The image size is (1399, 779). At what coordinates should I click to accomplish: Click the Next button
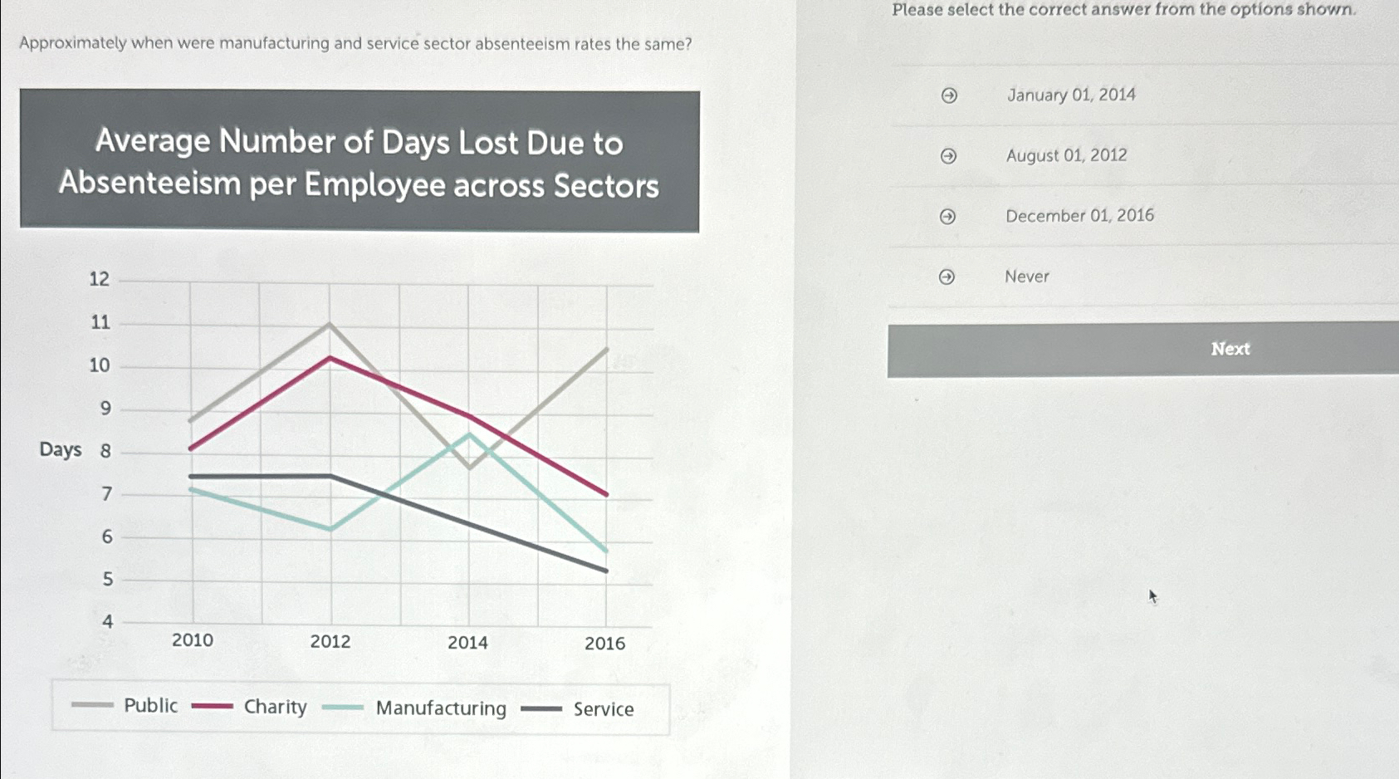(x=1229, y=350)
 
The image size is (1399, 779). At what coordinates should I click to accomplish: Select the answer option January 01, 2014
(x=1070, y=96)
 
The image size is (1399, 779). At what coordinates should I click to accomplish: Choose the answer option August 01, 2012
(x=1066, y=156)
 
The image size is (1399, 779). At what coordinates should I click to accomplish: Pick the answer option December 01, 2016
(x=1079, y=216)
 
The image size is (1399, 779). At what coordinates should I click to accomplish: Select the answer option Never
(x=1027, y=277)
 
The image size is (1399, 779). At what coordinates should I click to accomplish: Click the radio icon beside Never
(x=947, y=277)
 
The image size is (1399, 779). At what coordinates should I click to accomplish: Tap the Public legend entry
(x=150, y=706)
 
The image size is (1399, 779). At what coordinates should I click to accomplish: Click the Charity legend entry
(x=275, y=707)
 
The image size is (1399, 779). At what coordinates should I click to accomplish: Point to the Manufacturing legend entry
(x=440, y=708)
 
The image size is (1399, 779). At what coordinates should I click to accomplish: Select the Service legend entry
(x=603, y=709)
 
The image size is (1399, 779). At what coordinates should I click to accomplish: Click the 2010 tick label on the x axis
(x=193, y=640)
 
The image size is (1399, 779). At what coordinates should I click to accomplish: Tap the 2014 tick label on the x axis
(x=467, y=643)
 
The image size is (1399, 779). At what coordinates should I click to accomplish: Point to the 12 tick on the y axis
(x=100, y=279)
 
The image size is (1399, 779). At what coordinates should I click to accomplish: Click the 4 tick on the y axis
(x=107, y=621)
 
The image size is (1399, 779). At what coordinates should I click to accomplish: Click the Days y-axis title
(x=61, y=450)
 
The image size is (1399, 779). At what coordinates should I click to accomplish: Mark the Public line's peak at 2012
(x=330, y=324)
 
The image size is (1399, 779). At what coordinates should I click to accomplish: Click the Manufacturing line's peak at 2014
(x=470, y=434)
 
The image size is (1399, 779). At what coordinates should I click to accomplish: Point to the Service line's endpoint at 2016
(x=607, y=571)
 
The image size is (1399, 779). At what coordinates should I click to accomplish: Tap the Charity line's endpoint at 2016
(x=607, y=494)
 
